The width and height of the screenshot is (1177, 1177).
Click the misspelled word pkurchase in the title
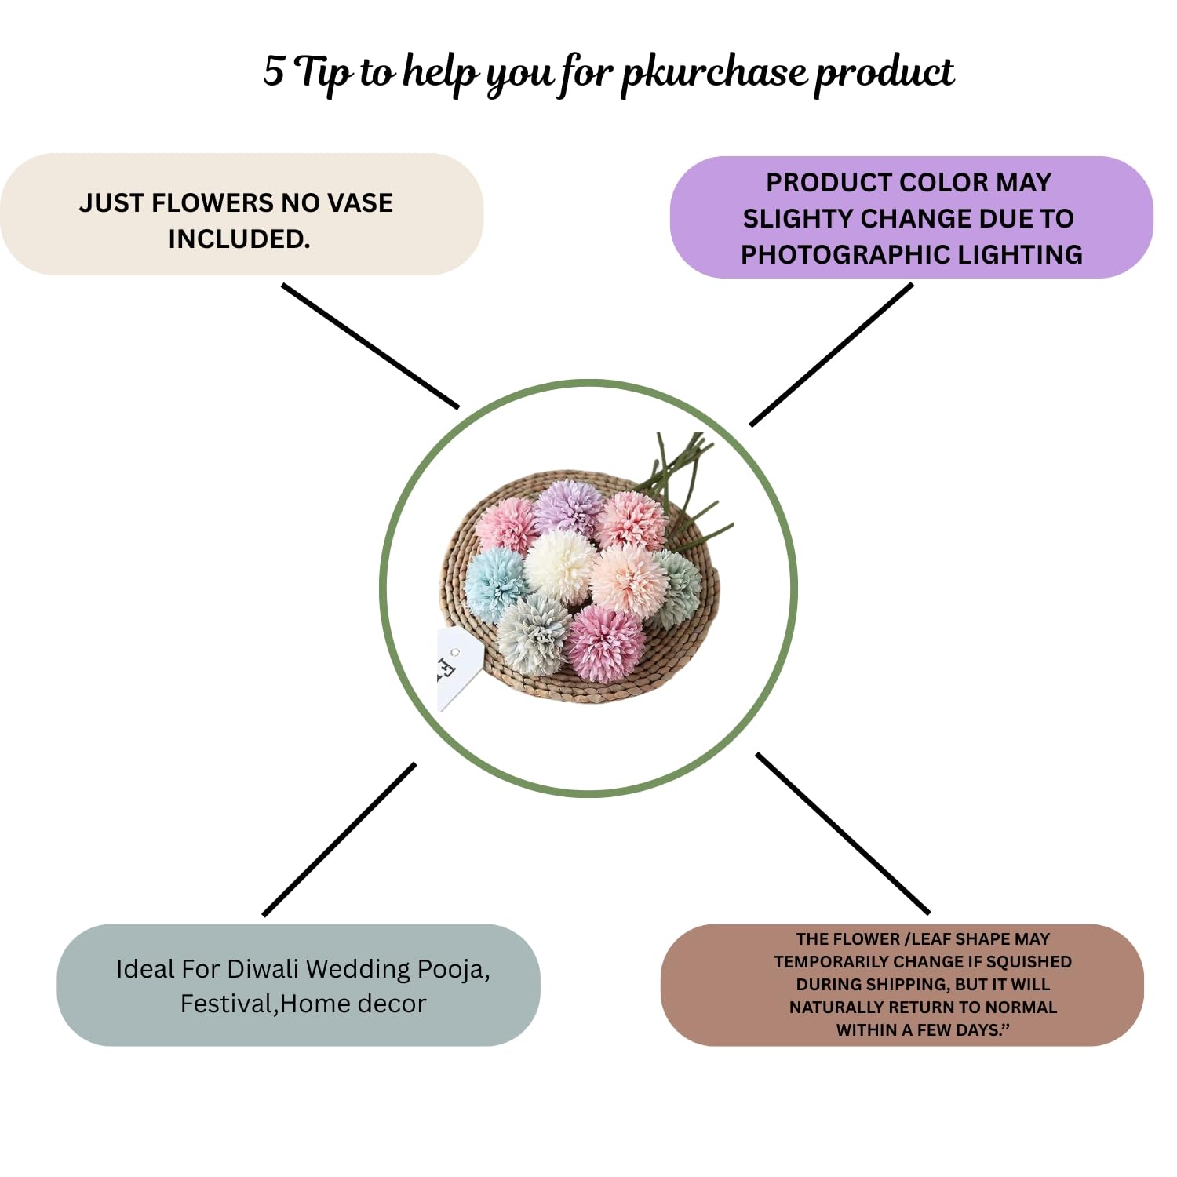[x=713, y=73]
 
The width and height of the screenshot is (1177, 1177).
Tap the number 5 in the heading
[x=273, y=71]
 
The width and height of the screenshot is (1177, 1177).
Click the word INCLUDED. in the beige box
[x=239, y=239]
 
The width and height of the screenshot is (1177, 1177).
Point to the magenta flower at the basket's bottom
[x=605, y=641]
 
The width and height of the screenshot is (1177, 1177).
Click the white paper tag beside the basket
[x=456, y=665]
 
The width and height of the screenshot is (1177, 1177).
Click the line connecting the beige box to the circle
[x=370, y=346]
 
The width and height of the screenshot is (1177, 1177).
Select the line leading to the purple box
[x=832, y=354]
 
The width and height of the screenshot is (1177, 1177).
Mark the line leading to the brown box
[x=843, y=833]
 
